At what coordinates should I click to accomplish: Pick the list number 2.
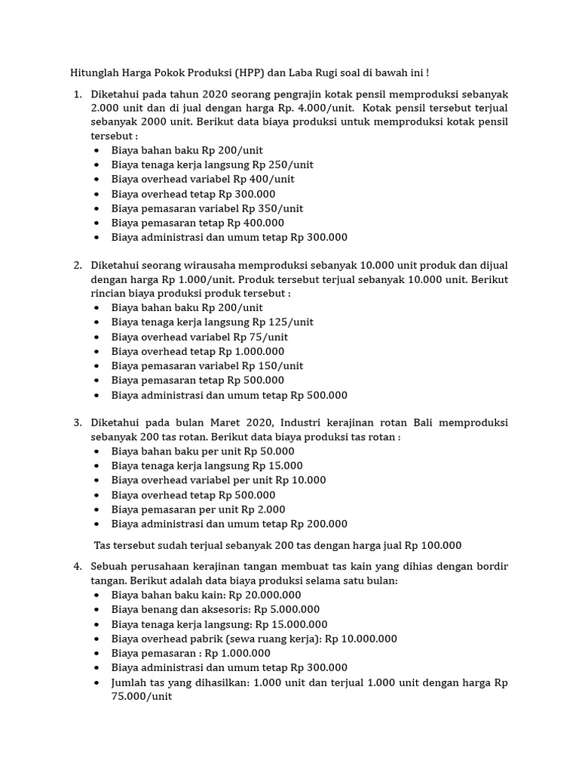tap(77, 265)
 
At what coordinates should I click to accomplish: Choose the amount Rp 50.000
tap(265, 451)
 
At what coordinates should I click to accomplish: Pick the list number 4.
tap(77, 566)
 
